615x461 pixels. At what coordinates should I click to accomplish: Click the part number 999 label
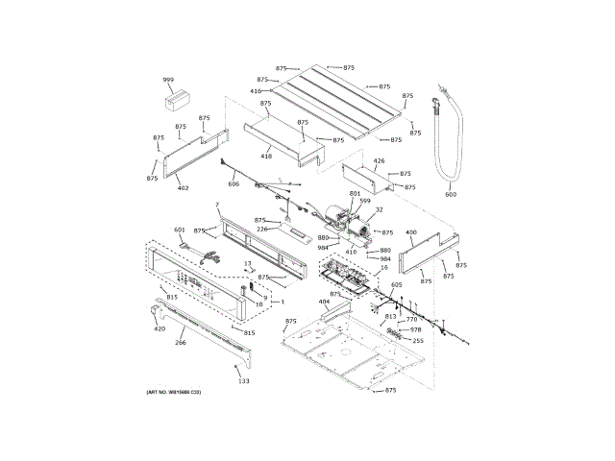tap(168, 80)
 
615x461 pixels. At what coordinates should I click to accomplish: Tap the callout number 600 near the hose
tap(451, 195)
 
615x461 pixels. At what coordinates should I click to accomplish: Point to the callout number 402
tap(183, 188)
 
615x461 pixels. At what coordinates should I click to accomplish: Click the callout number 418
tap(266, 157)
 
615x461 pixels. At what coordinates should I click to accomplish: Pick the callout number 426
tap(379, 161)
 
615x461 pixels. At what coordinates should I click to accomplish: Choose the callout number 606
tap(234, 183)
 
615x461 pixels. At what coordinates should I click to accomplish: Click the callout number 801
tap(355, 194)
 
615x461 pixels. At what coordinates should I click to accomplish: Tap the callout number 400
tap(411, 232)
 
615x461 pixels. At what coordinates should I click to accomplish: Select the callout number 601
tap(179, 230)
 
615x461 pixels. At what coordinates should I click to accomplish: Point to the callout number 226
tap(261, 229)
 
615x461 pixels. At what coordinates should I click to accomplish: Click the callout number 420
tap(160, 329)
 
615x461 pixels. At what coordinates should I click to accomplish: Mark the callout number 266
tap(180, 342)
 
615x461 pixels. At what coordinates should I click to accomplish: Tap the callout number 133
tap(243, 381)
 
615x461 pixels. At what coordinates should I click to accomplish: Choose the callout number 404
tap(324, 302)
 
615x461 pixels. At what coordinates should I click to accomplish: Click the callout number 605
tap(397, 285)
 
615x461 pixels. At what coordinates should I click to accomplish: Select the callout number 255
tap(418, 341)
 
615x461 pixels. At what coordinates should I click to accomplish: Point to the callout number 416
tap(256, 91)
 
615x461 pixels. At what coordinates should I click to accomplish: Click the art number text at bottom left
tap(174, 393)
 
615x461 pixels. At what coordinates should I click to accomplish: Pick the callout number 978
tap(416, 329)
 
